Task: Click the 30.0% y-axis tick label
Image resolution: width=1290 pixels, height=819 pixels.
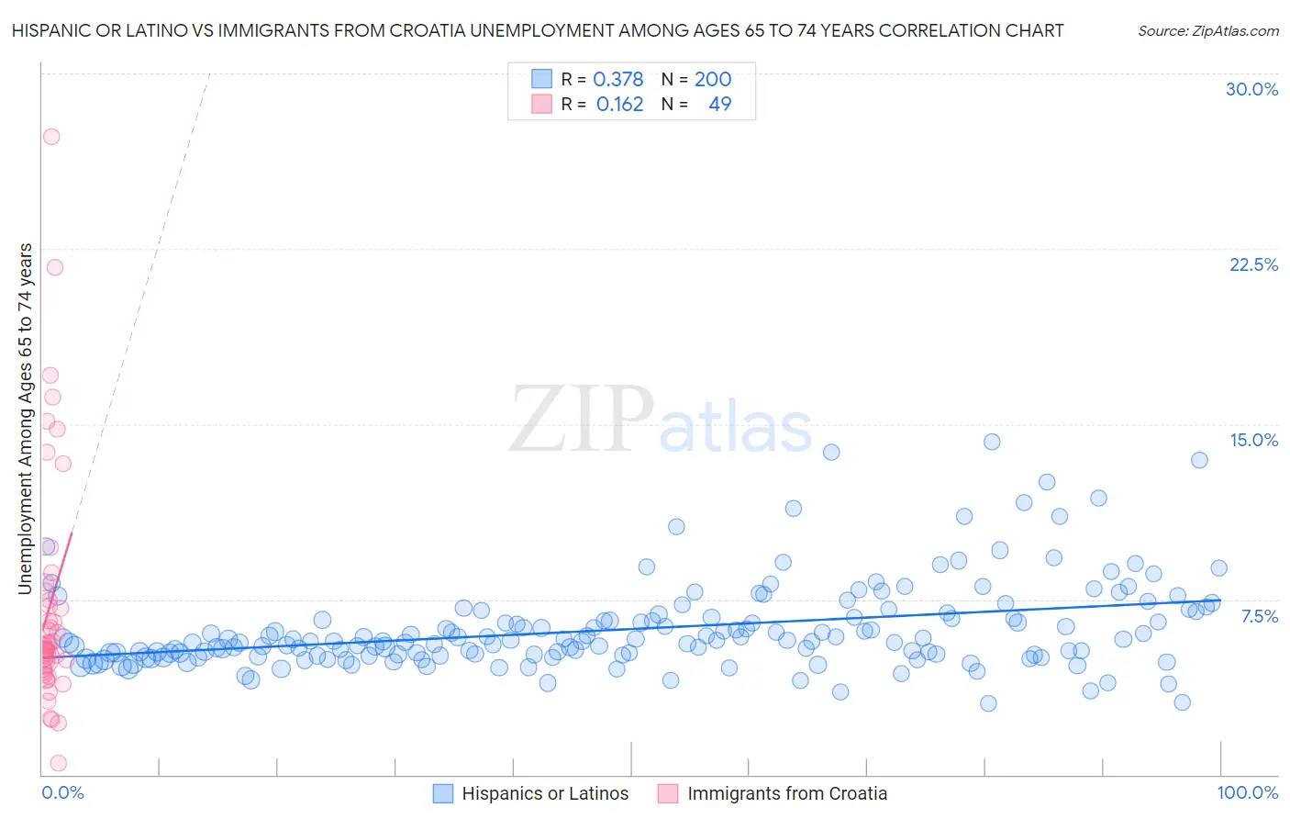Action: click(1251, 89)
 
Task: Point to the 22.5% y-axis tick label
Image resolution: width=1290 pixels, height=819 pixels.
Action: click(1253, 264)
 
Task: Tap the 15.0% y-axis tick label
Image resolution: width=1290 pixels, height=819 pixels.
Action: click(1253, 440)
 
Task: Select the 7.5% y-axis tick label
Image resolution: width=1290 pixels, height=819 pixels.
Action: click(1259, 616)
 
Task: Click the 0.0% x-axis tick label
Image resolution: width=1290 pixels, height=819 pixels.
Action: click(62, 792)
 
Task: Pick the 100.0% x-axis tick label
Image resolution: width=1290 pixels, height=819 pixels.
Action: click(1247, 792)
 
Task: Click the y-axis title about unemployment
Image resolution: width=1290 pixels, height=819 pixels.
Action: click(25, 419)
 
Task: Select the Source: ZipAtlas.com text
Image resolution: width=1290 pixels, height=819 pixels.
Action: click(1207, 31)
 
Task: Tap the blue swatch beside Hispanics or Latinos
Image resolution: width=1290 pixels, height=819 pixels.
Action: click(443, 793)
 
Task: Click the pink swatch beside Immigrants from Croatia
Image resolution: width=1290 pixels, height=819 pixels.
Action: click(668, 793)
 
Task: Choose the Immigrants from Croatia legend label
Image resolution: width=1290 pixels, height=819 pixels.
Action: click(787, 793)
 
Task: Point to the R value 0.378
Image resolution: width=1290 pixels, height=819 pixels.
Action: click(618, 79)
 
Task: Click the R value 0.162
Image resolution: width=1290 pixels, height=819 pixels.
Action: click(619, 105)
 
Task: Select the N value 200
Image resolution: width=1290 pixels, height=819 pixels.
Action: click(713, 79)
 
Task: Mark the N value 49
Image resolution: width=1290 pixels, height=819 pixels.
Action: click(720, 105)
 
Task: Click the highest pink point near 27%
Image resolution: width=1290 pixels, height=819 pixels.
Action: click(51, 137)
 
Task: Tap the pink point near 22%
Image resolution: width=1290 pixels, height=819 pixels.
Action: click(55, 268)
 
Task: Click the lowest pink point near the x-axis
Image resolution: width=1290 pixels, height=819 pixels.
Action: click(58, 763)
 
